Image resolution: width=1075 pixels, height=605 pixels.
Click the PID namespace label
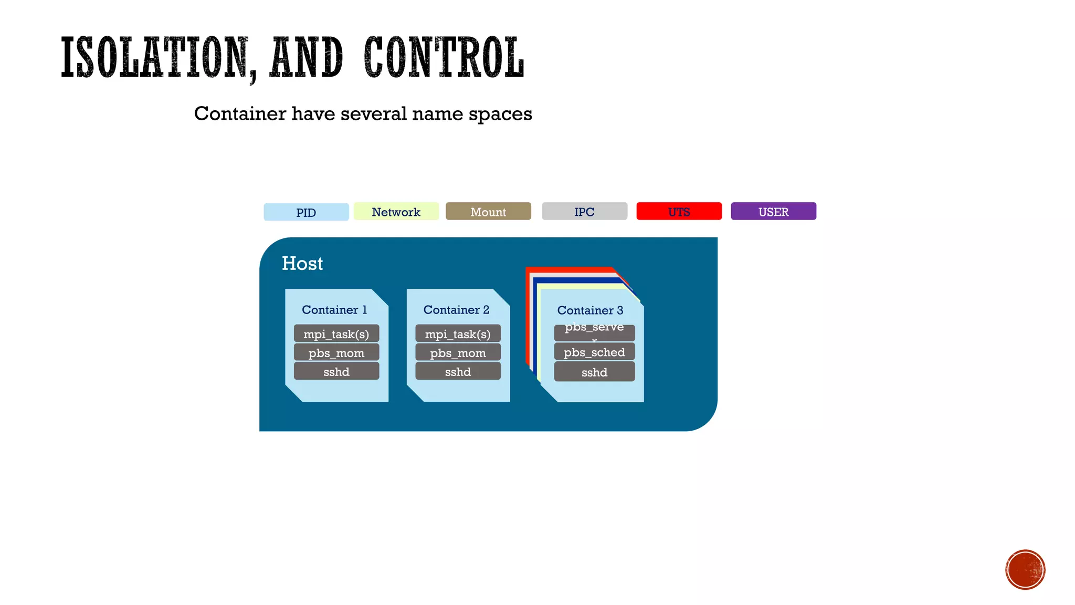coord(306,212)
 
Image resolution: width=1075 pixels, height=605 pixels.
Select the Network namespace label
coord(396,212)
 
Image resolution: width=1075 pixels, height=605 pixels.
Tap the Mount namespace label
coord(488,212)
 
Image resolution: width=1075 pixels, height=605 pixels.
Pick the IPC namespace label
coord(584,212)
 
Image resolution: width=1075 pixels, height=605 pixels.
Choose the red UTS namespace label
coord(679,212)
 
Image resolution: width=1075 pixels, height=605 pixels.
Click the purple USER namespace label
coord(773,212)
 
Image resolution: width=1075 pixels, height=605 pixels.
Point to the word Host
coord(302,264)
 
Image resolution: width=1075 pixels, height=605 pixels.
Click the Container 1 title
coord(334,310)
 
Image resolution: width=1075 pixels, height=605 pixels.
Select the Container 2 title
coord(456,310)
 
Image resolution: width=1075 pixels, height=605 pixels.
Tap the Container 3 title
coord(590,310)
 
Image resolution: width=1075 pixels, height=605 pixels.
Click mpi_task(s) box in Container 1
coord(336,334)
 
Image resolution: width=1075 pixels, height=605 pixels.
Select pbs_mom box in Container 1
coord(336,353)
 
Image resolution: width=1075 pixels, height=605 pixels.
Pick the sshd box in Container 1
coord(336,372)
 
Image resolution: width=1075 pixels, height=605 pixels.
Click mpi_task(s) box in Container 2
coord(458,334)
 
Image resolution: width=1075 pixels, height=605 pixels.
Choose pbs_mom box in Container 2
coord(458,353)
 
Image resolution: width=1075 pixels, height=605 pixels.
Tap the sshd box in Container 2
coord(458,372)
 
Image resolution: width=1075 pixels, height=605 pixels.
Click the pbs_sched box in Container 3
coord(594,352)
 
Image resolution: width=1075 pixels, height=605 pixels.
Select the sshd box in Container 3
coord(594,372)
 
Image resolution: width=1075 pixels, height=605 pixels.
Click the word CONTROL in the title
coord(444,57)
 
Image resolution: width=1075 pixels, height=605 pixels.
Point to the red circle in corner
coord(1025,570)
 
